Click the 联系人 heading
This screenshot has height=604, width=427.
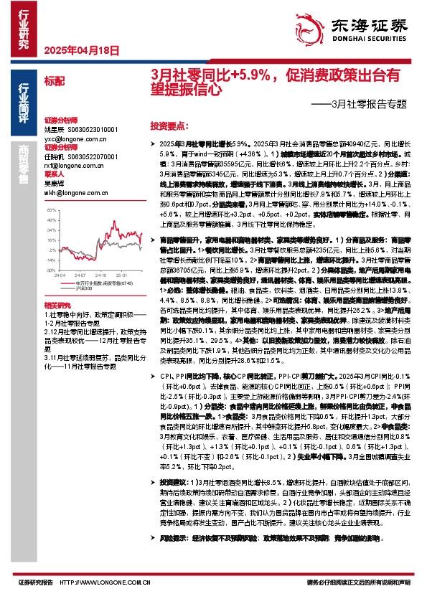pyautogui.click(x=55, y=174)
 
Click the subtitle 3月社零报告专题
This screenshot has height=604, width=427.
pyautogui.click(x=367, y=105)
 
